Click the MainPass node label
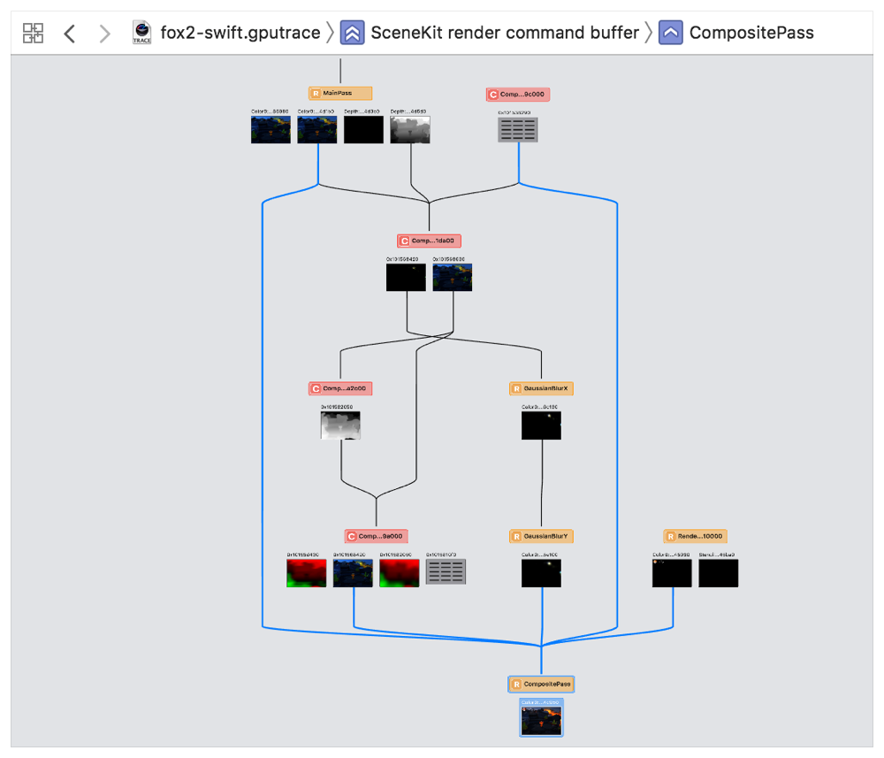tap(340, 93)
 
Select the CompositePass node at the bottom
tap(540, 684)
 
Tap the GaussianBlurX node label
tap(541, 388)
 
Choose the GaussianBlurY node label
tap(541, 536)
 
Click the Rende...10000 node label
tap(695, 536)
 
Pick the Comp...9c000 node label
tap(518, 95)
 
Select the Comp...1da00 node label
tap(430, 241)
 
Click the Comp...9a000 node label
tap(376, 536)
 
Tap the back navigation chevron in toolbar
tap(70, 34)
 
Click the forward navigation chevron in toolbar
tap(105, 34)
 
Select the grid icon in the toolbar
tap(33, 34)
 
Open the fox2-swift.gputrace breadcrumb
tap(240, 34)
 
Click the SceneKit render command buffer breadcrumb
tap(504, 34)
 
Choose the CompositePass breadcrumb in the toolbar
tap(751, 34)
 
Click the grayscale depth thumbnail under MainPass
tap(410, 130)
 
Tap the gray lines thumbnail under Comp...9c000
tap(518, 130)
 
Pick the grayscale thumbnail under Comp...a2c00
tap(340, 425)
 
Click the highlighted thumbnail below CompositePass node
tap(541, 718)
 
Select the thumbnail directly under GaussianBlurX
tap(541, 425)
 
